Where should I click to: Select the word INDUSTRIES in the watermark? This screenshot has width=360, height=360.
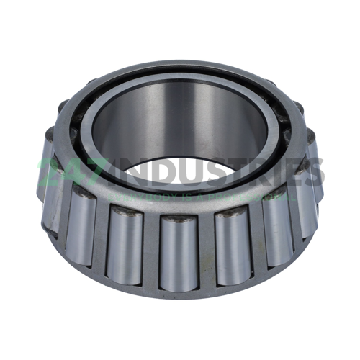(x=216, y=173)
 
